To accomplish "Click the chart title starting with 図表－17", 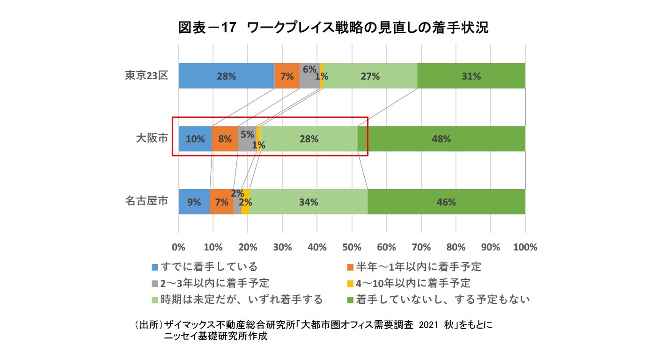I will [x=333, y=28].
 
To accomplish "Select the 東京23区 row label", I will [x=146, y=76].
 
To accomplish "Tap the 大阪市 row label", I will [x=152, y=139].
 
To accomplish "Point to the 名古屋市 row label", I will [x=146, y=202].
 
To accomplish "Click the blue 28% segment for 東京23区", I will [x=226, y=76].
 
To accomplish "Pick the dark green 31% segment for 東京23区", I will [x=471, y=76].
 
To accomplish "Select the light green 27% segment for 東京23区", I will [x=370, y=76].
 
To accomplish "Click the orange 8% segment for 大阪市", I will [x=225, y=139].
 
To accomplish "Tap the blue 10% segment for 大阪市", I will [x=195, y=139].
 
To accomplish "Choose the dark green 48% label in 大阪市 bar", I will [x=441, y=139].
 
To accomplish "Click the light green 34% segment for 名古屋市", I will [x=309, y=202].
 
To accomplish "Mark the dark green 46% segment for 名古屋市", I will [x=446, y=202].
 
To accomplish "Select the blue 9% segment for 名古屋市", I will [x=194, y=202].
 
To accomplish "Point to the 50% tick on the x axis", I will [x=352, y=247].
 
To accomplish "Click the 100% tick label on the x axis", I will [x=524, y=247].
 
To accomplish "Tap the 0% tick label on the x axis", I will [x=178, y=247].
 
